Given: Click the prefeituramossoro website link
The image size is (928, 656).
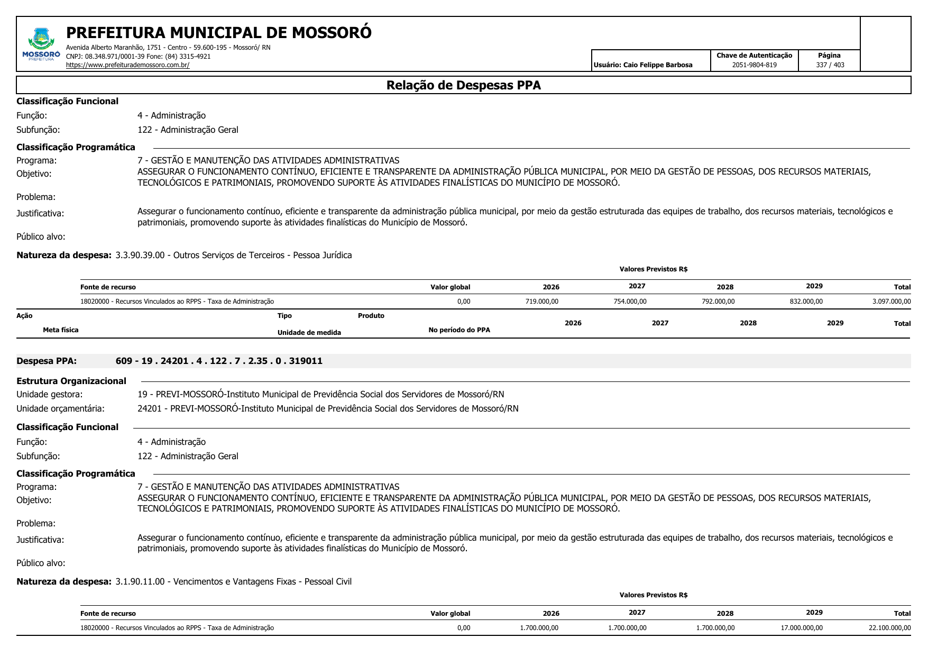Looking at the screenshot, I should (127, 65).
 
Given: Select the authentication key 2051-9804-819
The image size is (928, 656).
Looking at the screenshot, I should (754, 65).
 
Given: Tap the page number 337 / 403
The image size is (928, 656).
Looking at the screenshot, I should (830, 65).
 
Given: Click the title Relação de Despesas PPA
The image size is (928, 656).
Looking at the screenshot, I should (463, 85).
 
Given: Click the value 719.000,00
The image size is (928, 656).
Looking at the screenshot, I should (538, 302).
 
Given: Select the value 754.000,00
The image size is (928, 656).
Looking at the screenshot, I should (627, 302).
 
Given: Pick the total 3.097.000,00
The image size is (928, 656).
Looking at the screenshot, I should (891, 302).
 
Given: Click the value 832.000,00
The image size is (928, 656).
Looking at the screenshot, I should (803, 302).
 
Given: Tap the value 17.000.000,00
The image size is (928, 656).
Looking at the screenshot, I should (801, 628).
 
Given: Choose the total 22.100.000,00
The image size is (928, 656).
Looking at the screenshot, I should (889, 628).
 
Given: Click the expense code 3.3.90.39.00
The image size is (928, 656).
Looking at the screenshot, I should (140, 255).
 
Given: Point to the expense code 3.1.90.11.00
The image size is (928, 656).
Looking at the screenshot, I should (140, 581).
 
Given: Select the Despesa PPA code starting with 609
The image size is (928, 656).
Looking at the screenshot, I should (219, 361).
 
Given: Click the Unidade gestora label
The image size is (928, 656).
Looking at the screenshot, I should (50, 394).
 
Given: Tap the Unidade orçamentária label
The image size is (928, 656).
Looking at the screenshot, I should (60, 408).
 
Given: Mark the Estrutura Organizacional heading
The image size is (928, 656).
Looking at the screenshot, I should (71, 381).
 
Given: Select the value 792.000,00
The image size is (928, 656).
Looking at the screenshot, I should (715, 302).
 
